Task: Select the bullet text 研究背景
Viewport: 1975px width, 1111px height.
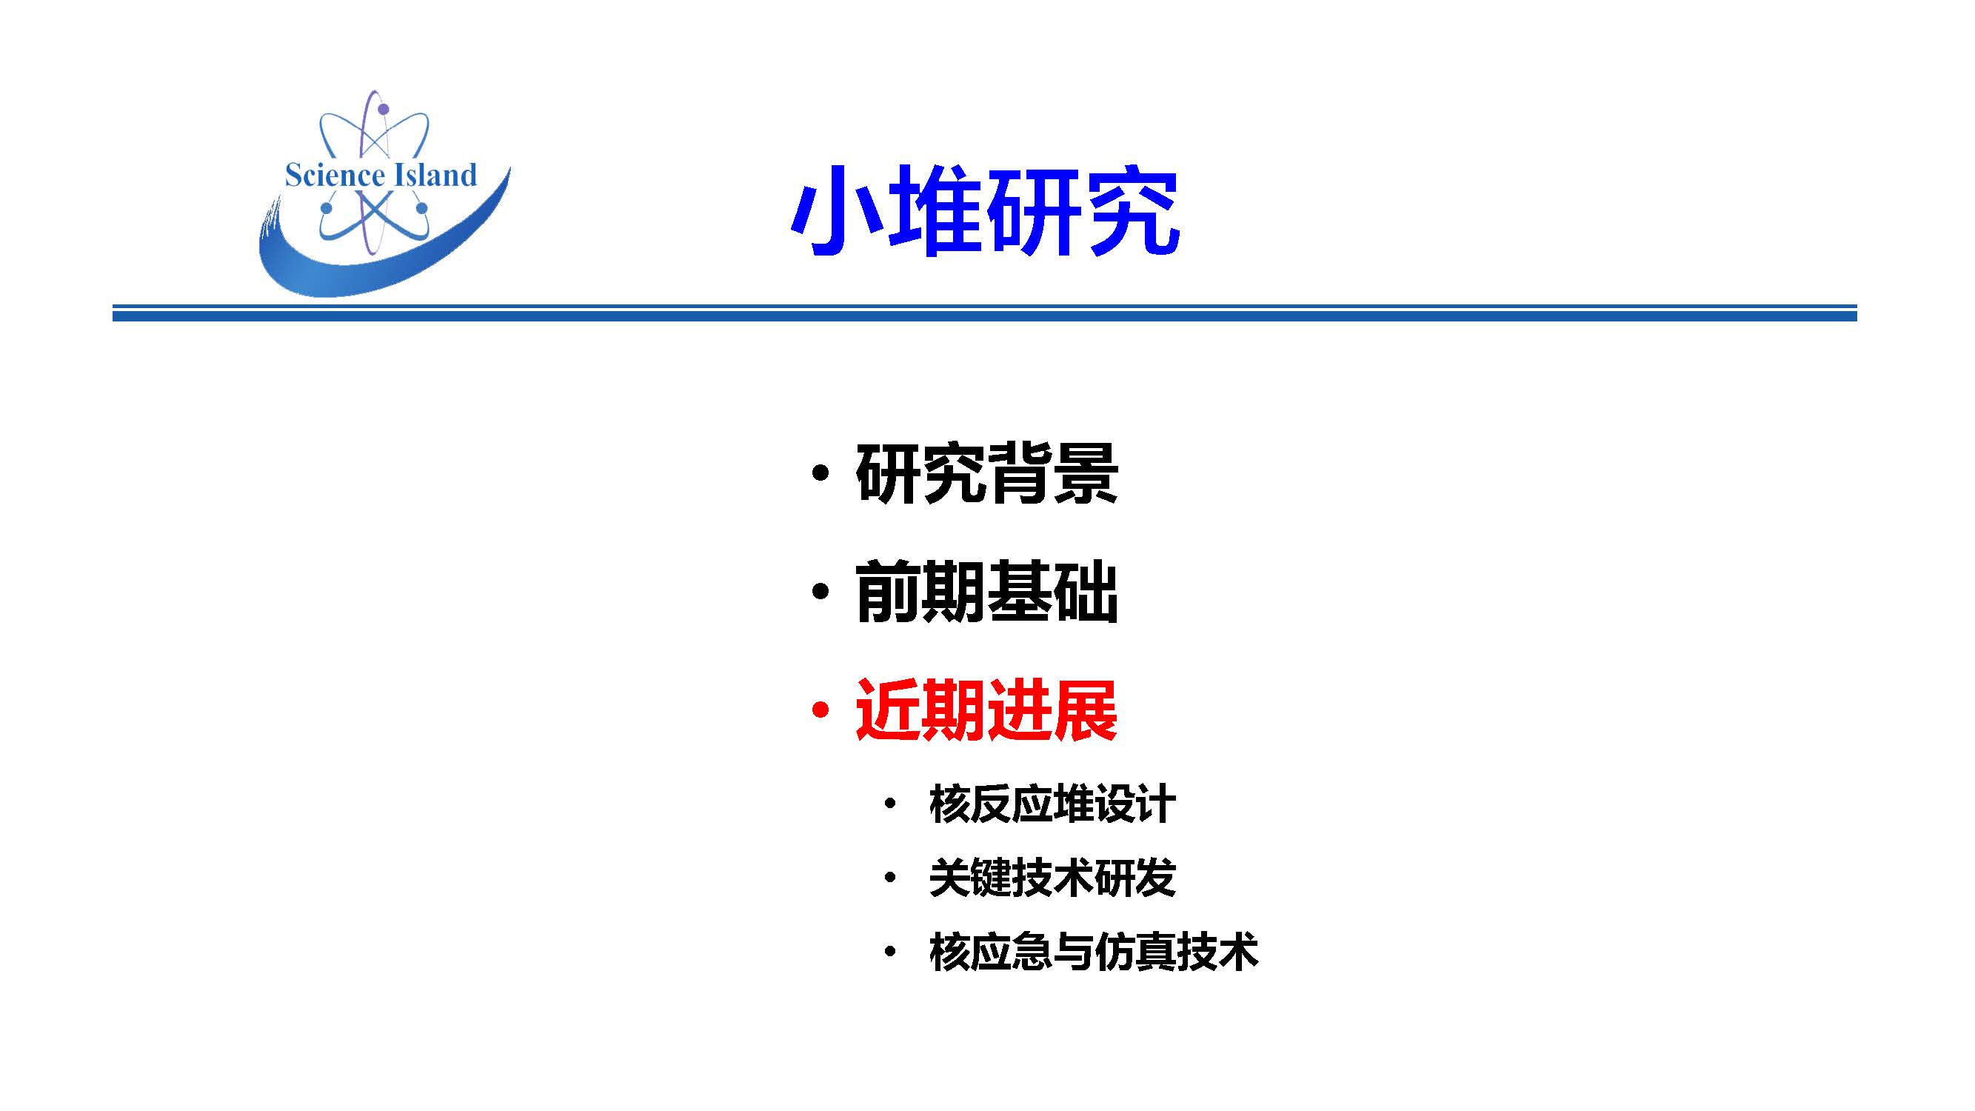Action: pyautogui.click(x=986, y=473)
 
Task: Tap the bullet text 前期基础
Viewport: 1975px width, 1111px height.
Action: pyautogui.click(x=986, y=591)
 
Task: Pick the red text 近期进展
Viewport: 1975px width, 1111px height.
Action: pyautogui.click(x=986, y=710)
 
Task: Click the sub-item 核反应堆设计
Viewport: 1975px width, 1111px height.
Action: pyautogui.click(x=1052, y=804)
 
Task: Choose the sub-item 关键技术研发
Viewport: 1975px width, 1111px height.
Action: pyautogui.click(x=1052, y=877)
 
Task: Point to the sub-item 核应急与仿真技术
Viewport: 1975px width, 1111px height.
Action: pyautogui.click(x=1093, y=952)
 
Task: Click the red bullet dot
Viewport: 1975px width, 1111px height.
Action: pyautogui.click(x=821, y=710)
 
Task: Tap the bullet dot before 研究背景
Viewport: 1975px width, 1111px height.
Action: pyautogui.click(x=821, y=473)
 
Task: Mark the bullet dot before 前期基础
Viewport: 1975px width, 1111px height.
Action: pyautogui.click(x=821, y=591)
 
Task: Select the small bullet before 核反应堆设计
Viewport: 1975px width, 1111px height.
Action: pyautogui.click(x=890, y=804)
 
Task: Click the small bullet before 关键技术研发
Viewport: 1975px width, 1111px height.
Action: pyautogui.click(x=890, y=877)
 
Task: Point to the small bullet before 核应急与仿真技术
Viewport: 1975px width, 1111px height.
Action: pyautogui.click(x=890, y=952)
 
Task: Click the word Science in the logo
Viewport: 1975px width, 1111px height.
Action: pyautogui.click(x=334, y=175)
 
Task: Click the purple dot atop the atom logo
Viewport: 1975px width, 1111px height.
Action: pyautogui.click(x=384, y=110)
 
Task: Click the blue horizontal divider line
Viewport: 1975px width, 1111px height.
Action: pyautogui.click(x=984, y=313)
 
